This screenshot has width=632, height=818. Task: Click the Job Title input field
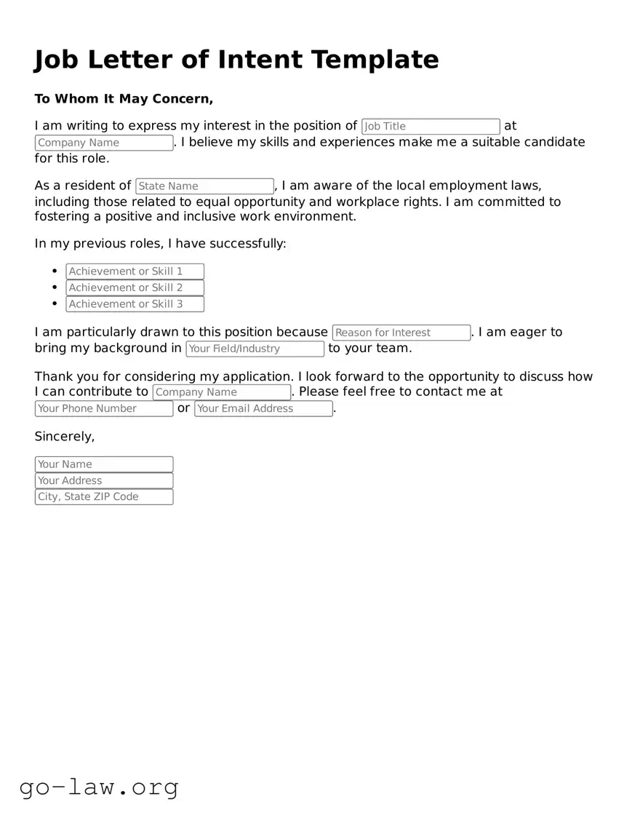pyautogui.click(x=431, y=127)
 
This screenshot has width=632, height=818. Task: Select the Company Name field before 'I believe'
pyautogui.click(x=104, y=143)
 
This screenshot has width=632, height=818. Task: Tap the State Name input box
pyautogui.click(x=204, y=186)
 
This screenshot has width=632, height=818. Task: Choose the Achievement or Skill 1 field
pyautogui.click(x=135, y=271)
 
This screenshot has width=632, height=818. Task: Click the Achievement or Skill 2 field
pyautogui.click(x=135, y=287)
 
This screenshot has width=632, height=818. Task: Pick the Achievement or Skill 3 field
pyautogui.click(x=135, y=304)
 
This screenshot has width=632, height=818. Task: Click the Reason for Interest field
pyautogui.click(x=401, y=333)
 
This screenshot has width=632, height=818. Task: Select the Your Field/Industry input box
pyautogui.click(x=255, y=349)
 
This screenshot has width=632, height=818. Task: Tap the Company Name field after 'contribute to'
pyautogui.click(x=222, y=392)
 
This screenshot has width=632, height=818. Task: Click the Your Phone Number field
pyautogui.click(x=104, y=408)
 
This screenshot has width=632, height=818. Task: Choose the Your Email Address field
pyautogui.click(x=263, y=408)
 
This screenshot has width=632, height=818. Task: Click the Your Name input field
pyautogui.click(x=104, y=464)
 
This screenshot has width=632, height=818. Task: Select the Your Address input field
pyautogui.click(x=104, y=480)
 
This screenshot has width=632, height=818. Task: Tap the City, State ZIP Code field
pyautogui.click(x=104, y=497)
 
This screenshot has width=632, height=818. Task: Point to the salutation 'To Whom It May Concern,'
pyautogui.click(x=124, y=99)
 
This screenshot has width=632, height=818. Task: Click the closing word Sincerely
pyautogui.click(x=64, y=437)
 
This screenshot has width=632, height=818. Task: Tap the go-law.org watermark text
pyautogui.click(x=99, y=787)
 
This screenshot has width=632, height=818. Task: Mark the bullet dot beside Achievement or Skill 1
pyautogui.click(x=55, y=271)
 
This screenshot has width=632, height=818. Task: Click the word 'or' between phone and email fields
pyautogui.click(x=183, y=408)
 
